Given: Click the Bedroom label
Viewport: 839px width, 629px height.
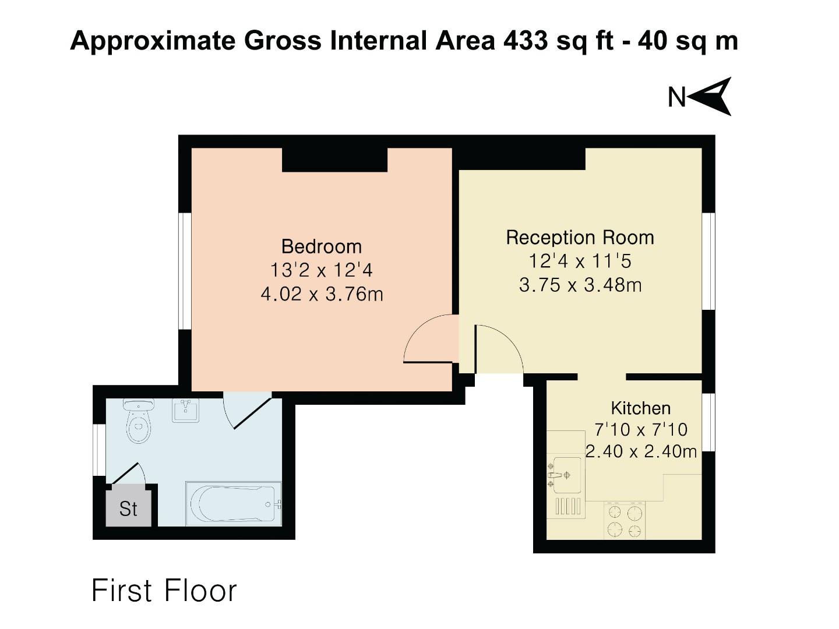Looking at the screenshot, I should (x=321, y=246).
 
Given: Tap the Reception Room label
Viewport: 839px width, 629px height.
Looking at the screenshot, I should (x=580, y=238).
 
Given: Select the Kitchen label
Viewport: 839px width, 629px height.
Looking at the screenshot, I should (x=640, y=408).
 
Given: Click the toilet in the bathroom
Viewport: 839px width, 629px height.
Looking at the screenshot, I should (x=138, y=422).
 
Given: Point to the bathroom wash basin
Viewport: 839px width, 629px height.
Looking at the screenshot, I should (x=186, y=410).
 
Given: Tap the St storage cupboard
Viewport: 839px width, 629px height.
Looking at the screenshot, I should (x=128, y=508).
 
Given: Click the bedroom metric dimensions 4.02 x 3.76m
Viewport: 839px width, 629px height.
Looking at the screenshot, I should (x=322, y=294).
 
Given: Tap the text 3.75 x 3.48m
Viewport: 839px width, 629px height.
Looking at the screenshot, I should (x=580, y=285).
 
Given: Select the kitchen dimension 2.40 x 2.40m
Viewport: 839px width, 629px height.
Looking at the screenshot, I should (x=641, y=451).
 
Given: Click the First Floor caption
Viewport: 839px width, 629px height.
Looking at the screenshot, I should (x=164, y=591).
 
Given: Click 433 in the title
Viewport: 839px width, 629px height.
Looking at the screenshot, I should (x=525, y=41).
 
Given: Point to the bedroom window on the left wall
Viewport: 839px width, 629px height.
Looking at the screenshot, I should (x=185, y=271).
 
